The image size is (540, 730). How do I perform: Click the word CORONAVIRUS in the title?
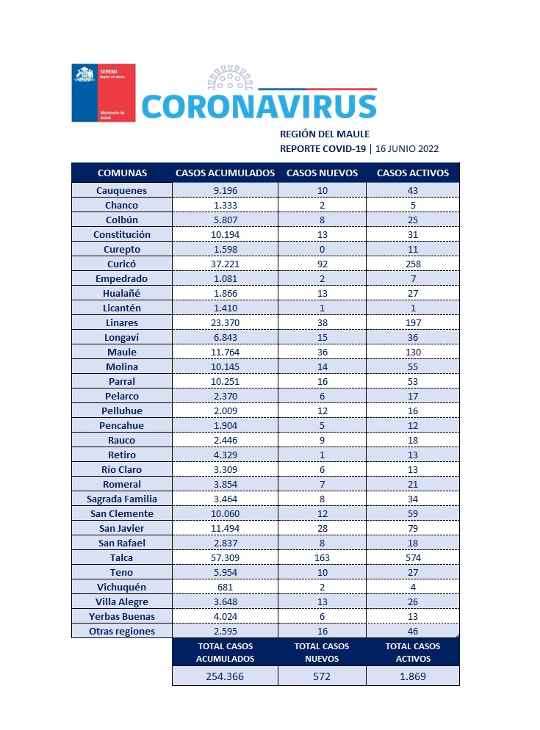[x=259, y=106]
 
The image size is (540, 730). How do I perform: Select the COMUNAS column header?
[x=122, y=173]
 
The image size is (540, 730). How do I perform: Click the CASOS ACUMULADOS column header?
[x=225, y=173]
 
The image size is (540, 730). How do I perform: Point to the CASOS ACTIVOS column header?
[x=412, y=173]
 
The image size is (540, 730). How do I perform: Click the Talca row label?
[x=122, y=557]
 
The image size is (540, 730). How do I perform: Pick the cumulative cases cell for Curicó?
[x=225, y=264]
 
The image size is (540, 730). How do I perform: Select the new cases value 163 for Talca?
[x=322, y=557]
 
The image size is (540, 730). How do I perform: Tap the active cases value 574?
[x=412, y=557]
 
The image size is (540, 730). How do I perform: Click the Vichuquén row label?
[x=122, y=587]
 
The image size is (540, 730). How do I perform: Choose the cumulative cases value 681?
[x=225, y=587]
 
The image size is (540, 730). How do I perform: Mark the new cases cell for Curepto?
[x=322, y=249]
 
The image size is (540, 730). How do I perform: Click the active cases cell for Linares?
[x=412, y=322]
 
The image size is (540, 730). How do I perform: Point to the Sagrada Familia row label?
[x=122, y=499]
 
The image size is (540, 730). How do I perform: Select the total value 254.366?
[x=225, y=676]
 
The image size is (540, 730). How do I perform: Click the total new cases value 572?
[x=322, y=676]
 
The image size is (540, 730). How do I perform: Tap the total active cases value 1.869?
[x=412, y=676]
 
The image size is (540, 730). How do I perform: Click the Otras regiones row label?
[x=122, y=631]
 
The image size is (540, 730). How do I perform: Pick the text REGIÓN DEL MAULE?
[x=325, y=134]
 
